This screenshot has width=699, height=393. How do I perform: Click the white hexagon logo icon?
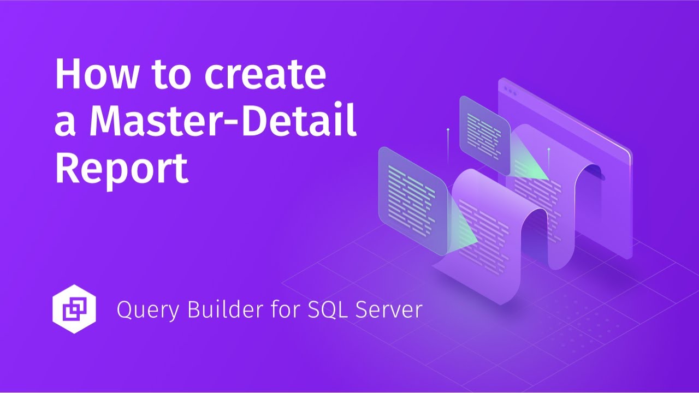[x=74, y=309]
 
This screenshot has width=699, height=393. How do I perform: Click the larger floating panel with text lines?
[x=413, y=199]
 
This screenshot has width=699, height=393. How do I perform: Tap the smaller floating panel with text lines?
[x=485, y=131]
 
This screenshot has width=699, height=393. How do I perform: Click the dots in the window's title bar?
[x=510, y=88]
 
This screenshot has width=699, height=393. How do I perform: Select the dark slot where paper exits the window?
[x=598, y=174]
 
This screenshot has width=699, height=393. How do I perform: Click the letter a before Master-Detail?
[x=64, y=123]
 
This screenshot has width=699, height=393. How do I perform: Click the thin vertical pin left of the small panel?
[x=448, y=145]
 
